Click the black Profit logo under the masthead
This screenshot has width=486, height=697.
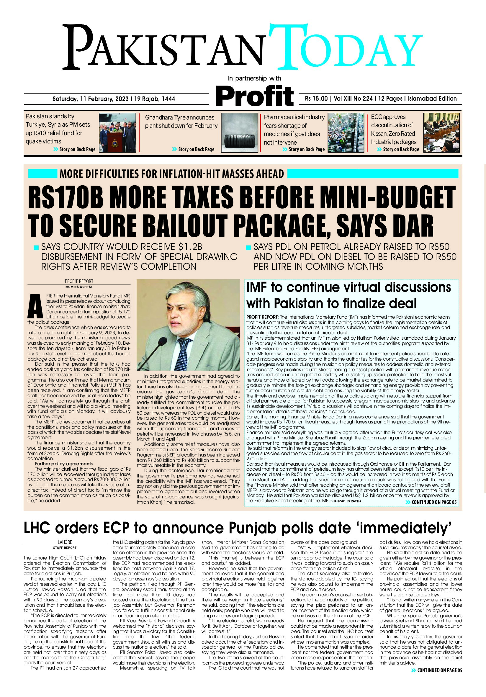(x=255, y=96)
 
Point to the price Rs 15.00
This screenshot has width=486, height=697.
(x=316, y=99)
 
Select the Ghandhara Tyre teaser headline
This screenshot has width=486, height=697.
(x=181, y=121)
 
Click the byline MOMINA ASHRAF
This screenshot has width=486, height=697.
(x=79, y=287)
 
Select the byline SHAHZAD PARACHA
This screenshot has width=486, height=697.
(x=346, y=501)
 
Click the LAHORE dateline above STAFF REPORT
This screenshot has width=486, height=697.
(x=65, y=542)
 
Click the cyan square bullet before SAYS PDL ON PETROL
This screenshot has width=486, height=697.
(x=249, y=247)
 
